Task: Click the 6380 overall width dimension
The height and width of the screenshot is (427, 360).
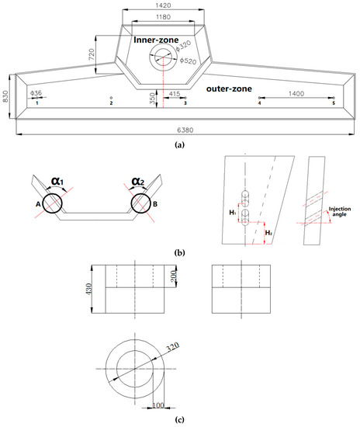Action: [185, 130]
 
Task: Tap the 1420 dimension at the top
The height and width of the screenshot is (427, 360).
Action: [163, 5]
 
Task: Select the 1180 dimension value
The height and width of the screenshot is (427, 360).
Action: [163, 17]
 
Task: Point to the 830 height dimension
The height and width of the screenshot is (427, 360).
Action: [5, 96]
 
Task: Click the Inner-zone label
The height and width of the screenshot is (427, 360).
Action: [156, 40]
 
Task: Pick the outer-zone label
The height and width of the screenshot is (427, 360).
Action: [229, 89]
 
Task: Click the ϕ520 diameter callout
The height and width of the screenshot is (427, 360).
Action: [188, 61]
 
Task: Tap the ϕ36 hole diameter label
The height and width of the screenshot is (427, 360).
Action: [36, 93]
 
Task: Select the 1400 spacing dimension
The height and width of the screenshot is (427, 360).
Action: [296, 94]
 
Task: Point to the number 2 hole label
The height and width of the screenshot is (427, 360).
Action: [111, 103]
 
